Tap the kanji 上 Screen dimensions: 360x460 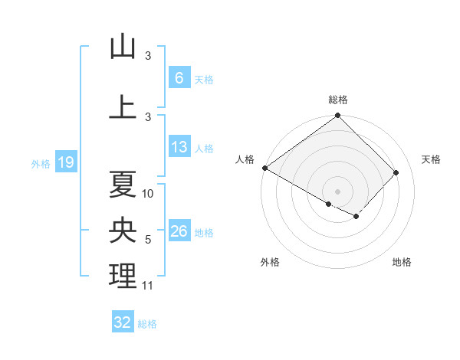[123, 106]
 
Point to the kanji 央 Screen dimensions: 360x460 [123, 231]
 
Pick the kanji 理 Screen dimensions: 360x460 [123, 277]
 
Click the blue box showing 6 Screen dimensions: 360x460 [179, 78]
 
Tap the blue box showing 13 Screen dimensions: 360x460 [179, 147]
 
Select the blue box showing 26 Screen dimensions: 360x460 [179, 232]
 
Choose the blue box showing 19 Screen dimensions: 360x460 [65, 162]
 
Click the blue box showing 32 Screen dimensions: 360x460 [123, 322]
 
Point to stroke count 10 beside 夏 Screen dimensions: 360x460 [148, 194]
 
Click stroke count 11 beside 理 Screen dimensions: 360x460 [148, 286]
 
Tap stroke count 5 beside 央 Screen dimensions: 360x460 [148, 241]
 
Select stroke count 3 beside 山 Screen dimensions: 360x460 [148, 56]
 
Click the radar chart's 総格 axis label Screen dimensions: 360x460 [338, 100]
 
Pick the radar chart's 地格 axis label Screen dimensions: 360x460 [402, 263]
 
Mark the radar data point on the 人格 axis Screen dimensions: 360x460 [264, 168]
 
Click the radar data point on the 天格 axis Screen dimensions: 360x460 [396, 172]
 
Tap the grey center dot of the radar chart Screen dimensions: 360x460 [337, 191]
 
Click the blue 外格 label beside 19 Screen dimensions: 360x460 [40, 163]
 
